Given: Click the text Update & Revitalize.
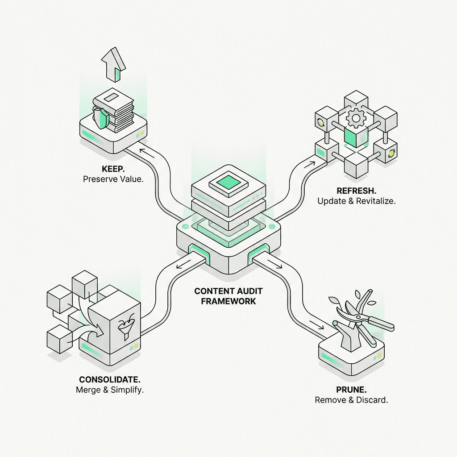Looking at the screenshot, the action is [x=357, y=201].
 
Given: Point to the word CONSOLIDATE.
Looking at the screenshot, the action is [x=110, y=380].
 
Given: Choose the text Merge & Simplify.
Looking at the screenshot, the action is [x=110, y=390].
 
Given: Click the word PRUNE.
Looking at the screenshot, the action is [x=351, y=390].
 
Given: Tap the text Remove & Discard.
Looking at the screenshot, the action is [x=351, y=399].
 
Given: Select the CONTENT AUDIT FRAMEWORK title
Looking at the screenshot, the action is [x=228, y=296].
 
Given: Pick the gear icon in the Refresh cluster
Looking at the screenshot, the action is [x=356, y=118].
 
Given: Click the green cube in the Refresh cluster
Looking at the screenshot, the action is [x=355, y=137].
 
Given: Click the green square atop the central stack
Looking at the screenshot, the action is [x=228, y=182].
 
